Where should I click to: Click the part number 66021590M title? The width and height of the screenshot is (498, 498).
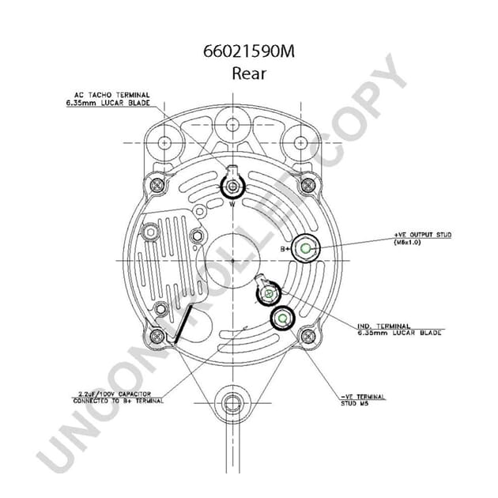coord(248,53)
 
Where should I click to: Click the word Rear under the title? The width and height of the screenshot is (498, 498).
coord(248,74)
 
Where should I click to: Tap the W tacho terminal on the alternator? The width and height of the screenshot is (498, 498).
coord(234,187)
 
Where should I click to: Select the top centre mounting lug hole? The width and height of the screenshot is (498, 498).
coord(232,124)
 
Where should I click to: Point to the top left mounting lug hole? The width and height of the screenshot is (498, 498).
coord(164,143)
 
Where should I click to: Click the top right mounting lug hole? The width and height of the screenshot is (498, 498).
coord(301,143)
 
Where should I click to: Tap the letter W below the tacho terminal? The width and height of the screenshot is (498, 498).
coord(233,204)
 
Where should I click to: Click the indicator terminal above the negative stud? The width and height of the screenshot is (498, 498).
coord(268,294)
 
